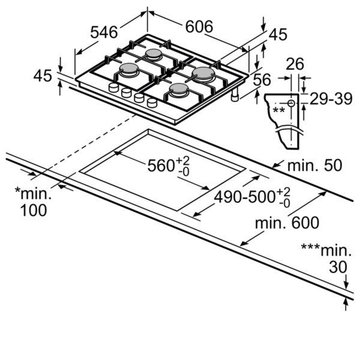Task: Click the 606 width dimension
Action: coord(199,26)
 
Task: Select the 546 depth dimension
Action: coord(104,32)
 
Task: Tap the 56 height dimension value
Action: coord(262,80)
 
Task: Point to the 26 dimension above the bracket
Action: coord(295,64)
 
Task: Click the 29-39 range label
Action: coord(331,99)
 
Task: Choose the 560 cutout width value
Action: coord(161,166)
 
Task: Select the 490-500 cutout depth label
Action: coord(245,197)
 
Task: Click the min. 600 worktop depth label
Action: coord(287,223)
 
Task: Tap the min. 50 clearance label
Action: coord(315,166)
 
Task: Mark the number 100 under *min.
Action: coord(34,210)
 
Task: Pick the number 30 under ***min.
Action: coord(338,267)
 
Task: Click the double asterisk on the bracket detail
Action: coord(279,110)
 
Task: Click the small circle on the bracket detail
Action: coord(291,104)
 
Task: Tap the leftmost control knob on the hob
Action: coord(113,88)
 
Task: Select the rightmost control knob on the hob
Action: coord(152,103)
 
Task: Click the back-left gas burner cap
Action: coord(154,54)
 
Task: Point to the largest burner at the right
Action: coord(203,73)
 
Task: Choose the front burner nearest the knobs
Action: coord(179,89)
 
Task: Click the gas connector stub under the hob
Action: coord(235,94)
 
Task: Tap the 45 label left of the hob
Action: coord(43,76)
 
